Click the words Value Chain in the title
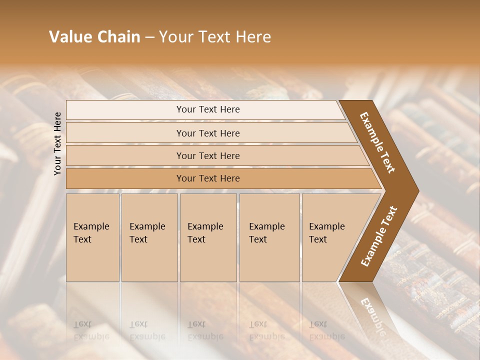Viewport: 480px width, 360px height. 94,37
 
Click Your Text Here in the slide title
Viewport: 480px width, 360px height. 215,37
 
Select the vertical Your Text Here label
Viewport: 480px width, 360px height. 58,143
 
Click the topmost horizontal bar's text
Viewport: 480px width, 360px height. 208,109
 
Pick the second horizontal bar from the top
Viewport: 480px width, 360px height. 208,133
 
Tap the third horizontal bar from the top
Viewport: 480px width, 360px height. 208,155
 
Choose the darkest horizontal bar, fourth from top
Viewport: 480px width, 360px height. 208,178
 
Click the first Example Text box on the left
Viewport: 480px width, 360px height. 92,237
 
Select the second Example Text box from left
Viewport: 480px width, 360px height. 149,237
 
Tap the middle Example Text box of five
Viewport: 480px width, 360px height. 207,237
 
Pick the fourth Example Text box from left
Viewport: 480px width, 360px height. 269,237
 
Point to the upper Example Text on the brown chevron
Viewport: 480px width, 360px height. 377,142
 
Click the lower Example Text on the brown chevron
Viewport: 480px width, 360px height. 379,236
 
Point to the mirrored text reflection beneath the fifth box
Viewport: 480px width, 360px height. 326,330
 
